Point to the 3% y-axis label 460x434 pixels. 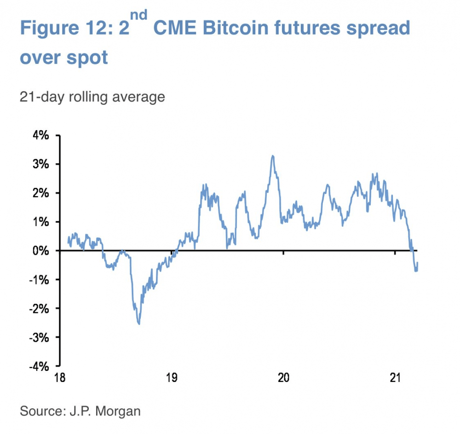[x=40, y=164]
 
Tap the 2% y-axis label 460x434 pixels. [x=40, y=193]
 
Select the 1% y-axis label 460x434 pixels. [x=40, y=222]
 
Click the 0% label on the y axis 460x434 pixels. [x=40, y=251]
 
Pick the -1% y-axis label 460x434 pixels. [x=39, y=279]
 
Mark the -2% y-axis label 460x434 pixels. [x=39, y=308]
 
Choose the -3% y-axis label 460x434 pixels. [x=39, y=337]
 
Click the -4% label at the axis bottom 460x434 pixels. [x=39, y=366]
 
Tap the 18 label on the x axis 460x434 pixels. [x=59, y=378]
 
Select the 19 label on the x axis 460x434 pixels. [x=172, y=378]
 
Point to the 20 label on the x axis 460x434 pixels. [x=283, y=378]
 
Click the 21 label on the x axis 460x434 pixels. [x=396, y=378]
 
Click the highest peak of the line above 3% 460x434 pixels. [x=273, y=156]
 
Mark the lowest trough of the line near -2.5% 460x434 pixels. [x=139, y=324]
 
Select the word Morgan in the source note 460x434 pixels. [x=119, y=411]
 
